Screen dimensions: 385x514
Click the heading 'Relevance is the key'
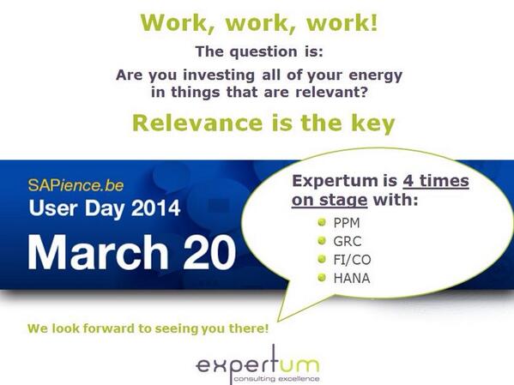(263, 123)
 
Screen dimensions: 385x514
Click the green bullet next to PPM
(320, 222)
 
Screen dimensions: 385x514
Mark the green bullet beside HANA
(320, 278)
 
